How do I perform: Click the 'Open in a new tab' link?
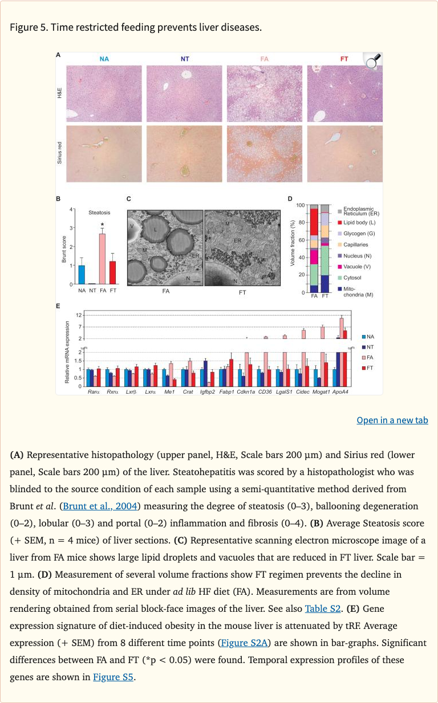pos(392,420)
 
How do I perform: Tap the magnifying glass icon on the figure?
pos(373,62)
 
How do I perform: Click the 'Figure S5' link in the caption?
pos(113,677)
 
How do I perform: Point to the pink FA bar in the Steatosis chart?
pos(102,259)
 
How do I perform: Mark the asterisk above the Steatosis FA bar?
pos(102,224)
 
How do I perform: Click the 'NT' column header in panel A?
pos(185,59)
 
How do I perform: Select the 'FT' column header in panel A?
pos(344,59)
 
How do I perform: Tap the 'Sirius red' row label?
pos(59,153)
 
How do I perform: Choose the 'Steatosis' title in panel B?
pos(99,212)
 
